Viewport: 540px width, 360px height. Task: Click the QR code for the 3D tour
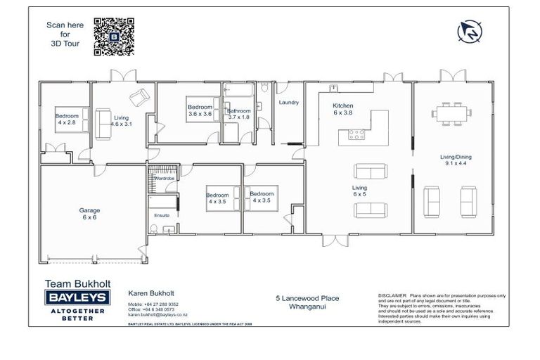(114, 37)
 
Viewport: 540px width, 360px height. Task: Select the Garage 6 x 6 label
(89, 214)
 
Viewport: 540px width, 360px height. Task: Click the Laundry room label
(289, 103)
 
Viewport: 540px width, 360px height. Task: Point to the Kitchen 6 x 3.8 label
(342, 109)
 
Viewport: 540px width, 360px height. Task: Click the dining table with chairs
(450, 112)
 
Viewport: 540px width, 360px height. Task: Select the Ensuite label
(161, 215)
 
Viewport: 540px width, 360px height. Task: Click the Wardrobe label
(164, 179)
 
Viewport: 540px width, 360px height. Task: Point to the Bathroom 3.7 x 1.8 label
(238, 114)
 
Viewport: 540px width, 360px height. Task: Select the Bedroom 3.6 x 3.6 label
(200, 110)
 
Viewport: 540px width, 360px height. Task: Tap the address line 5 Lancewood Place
(307, 298)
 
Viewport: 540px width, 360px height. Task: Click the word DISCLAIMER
(392, 296)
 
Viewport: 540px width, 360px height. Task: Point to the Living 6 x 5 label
(360, 192)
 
